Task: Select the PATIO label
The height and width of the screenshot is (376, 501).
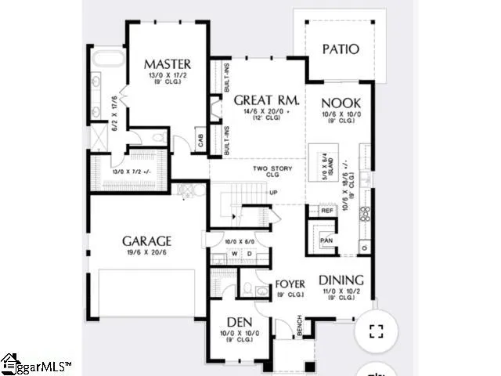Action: [x=341, y=49]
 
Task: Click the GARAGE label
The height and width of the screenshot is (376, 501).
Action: [x=146, y=241]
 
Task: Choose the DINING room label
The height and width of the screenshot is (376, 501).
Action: [x=341, y=280]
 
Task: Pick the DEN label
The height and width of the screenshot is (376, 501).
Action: [x=238, y=321]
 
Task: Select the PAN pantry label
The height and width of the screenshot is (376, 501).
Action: [x=327, y=240]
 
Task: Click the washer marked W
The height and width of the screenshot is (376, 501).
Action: [x=233, y=254]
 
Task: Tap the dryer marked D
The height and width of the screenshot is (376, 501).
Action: [x=249, y=254]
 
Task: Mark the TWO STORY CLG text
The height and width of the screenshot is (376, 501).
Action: [x=271, y=172]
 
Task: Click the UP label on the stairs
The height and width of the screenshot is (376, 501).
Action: [x=273, y=192]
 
